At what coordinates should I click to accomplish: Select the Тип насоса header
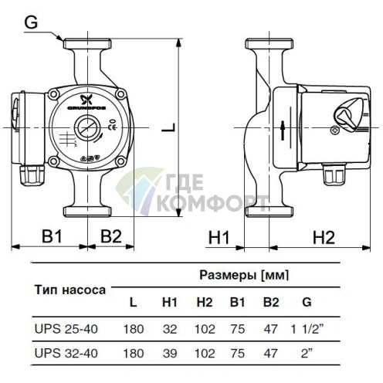click(70, 291)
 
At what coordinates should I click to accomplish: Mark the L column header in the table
click(134, 302)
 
